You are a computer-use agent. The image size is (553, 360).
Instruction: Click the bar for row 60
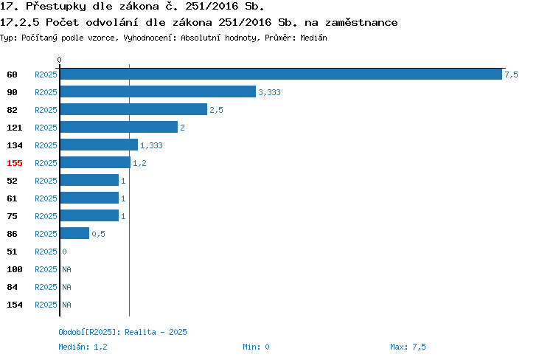(x=281, y=74)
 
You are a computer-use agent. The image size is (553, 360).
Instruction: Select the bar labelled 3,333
(x=158, y=91)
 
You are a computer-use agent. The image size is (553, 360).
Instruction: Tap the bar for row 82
(x=133, y=109)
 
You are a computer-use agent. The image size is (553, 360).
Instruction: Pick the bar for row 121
(x=119, y=127)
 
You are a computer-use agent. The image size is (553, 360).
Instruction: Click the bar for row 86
(x=74, y=233)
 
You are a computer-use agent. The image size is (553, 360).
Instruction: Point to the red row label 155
(x=15, y=163)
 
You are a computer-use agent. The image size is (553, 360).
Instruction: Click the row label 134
(x=15, y=145)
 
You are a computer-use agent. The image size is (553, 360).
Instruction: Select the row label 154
(x=15, y=305)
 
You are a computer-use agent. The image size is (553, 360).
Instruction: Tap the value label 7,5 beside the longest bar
(x=511, y=75)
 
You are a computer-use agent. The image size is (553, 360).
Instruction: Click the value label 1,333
(x=151, y=145)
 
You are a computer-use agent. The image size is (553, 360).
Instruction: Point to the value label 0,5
(x=98, y=234)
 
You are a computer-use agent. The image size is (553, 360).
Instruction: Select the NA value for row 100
(x=66, y=269)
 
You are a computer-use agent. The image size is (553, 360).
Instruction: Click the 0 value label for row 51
(x=64, y=252)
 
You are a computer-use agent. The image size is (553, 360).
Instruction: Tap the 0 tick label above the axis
(x=59, y=60)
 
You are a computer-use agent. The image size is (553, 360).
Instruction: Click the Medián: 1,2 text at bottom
(x=83, y=347)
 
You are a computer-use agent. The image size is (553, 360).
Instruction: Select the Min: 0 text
(x=256, y=347)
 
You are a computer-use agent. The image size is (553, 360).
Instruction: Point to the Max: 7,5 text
(x=408, y=347)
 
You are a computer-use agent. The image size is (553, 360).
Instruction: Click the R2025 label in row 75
(x=46, y=216)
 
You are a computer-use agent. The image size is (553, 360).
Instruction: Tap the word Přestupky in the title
(x=56, y=7)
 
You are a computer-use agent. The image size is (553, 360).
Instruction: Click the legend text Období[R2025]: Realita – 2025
(x=122, y=332)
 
